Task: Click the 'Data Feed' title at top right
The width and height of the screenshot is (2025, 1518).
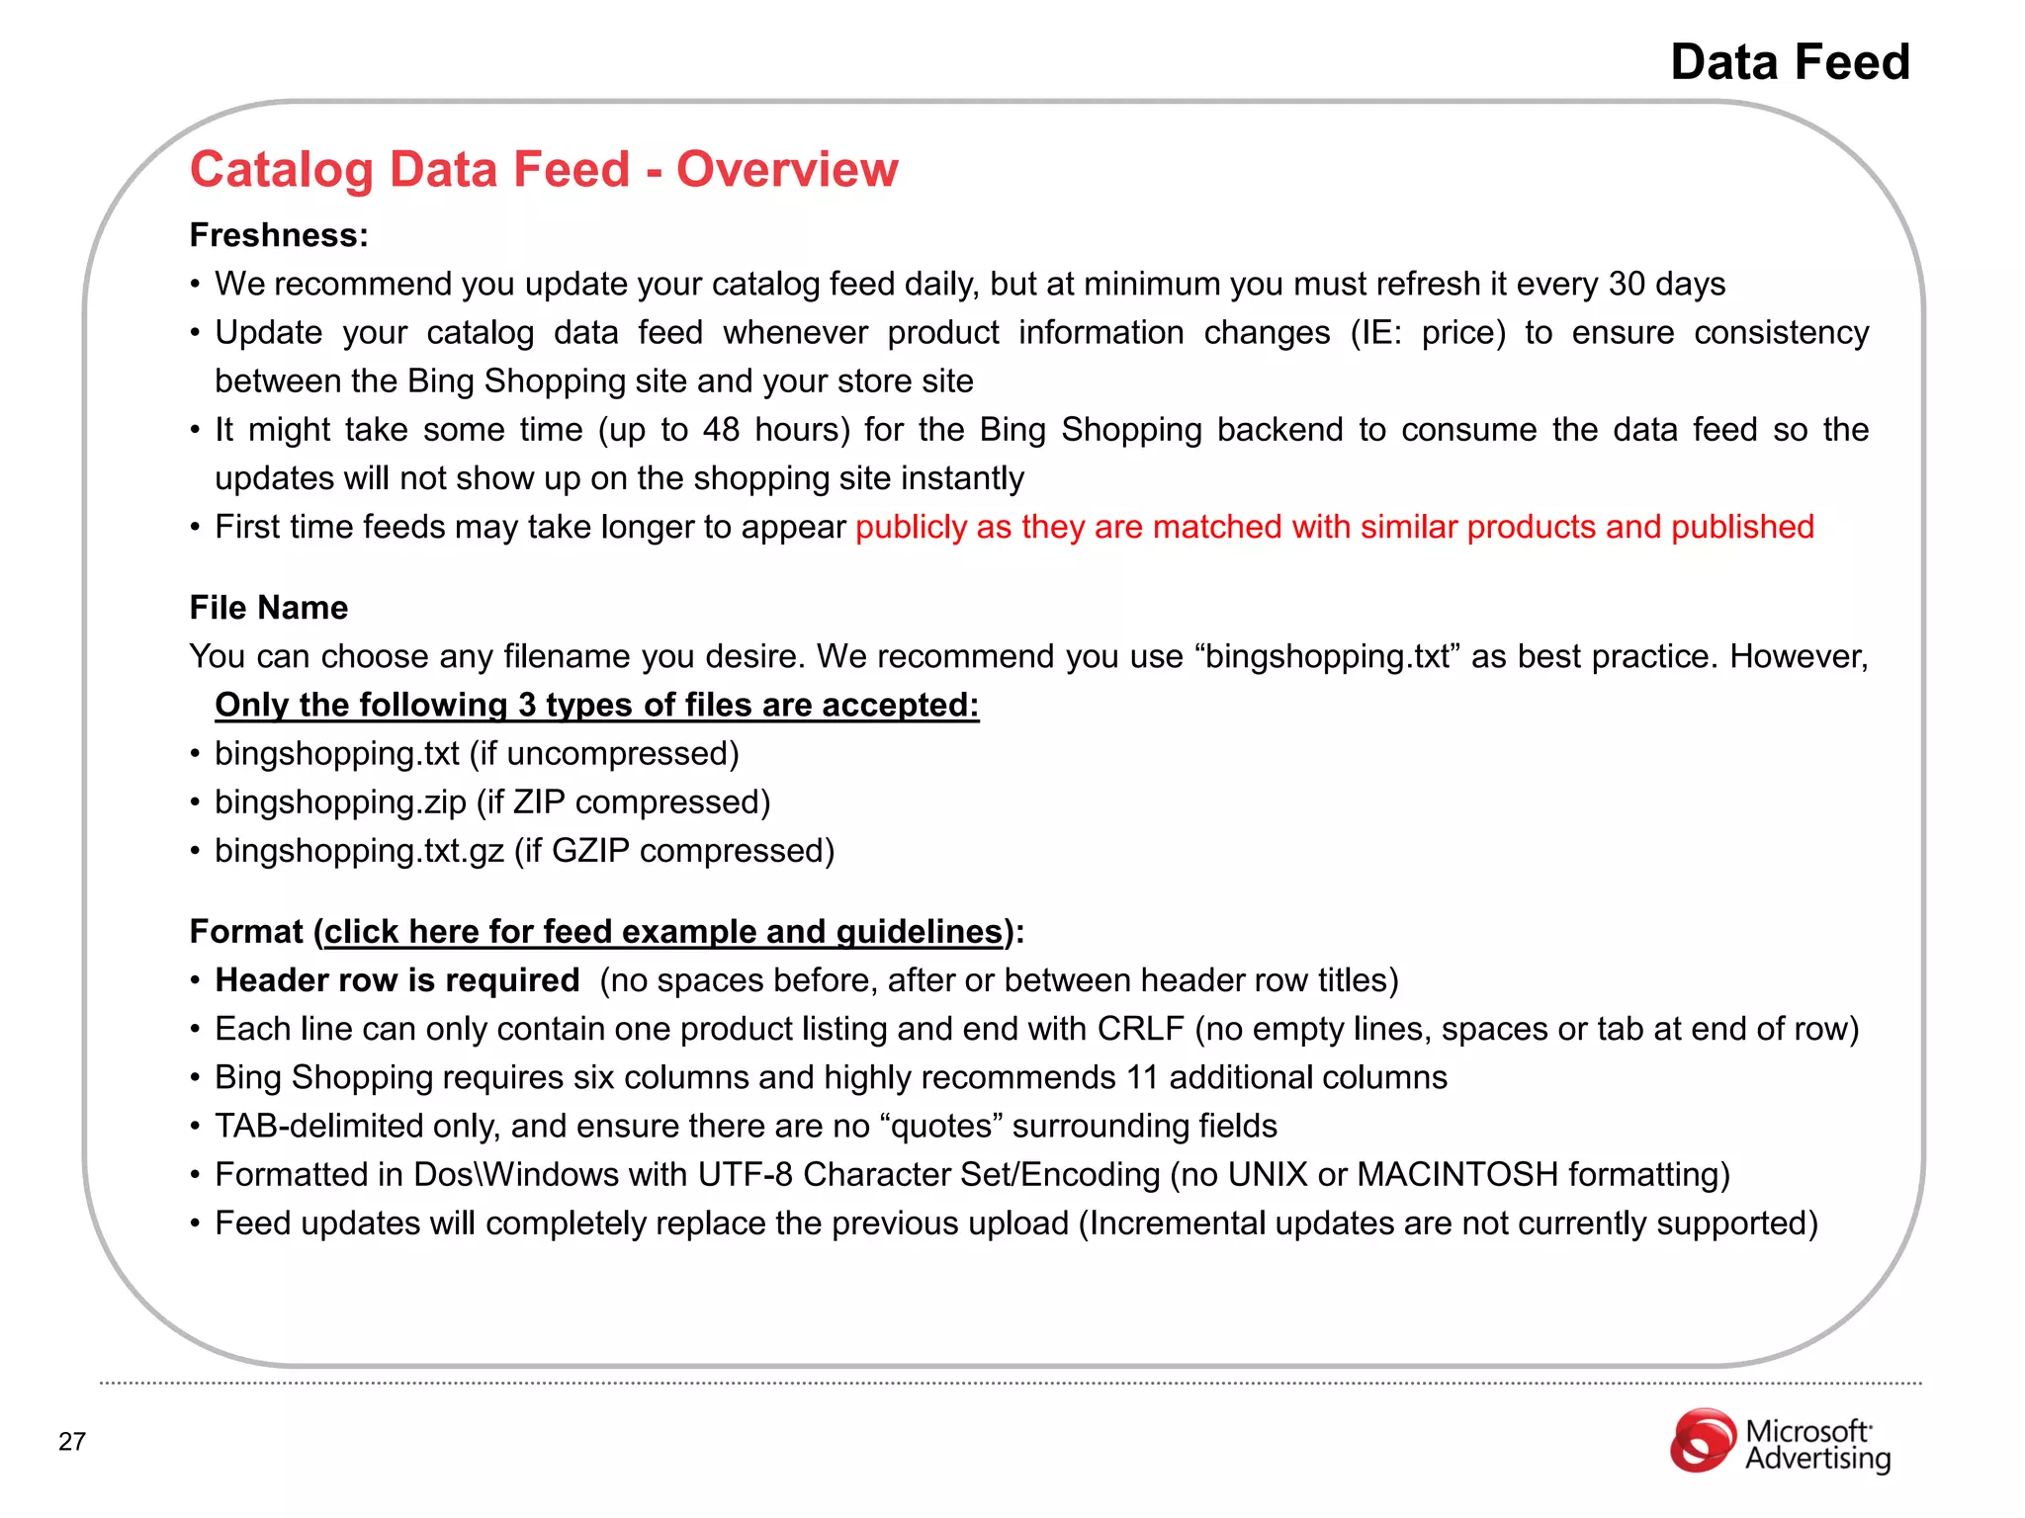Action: pos(1790,62)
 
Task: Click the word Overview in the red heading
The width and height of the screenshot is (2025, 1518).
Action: pos(787,169)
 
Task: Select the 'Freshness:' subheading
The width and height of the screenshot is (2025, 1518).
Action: pos(279,235)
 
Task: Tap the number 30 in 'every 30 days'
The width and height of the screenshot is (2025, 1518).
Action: pos(1627,285)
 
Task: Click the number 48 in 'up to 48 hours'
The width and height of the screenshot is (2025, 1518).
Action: pos(721,430)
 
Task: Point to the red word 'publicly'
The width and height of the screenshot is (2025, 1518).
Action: pos(911,528)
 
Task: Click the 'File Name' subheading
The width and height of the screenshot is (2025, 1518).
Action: pos(269,608)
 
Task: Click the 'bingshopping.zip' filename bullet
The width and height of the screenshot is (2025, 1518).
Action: pos(340,802)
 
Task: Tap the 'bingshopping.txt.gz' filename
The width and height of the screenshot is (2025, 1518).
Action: pos(359,851)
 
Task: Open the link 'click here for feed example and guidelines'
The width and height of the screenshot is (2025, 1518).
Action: pos(663,932)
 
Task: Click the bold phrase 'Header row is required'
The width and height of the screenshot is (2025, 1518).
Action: pos(397,980)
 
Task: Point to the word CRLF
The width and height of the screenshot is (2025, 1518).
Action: pos(1140,1029)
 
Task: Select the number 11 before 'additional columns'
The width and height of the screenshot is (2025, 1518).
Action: pos(1142,1077)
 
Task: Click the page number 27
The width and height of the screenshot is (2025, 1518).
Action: pos(72,1442)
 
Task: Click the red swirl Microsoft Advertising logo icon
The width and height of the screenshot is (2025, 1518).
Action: pos(1703,1440)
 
